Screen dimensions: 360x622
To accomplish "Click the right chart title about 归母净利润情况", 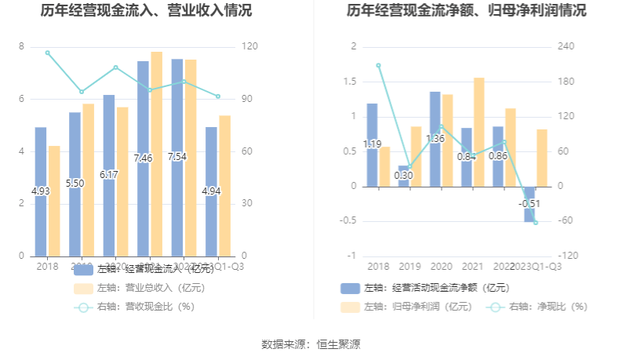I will tap(466, 11).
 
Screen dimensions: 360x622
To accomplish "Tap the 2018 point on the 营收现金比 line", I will tap(48, 53).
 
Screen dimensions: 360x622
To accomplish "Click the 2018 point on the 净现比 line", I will tap(379, 66).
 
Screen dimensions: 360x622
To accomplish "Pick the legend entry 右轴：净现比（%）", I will tap(537, 307).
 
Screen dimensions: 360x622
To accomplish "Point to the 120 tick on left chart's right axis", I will tap(249, 46).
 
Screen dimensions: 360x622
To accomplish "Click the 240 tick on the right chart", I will tap(566, 46).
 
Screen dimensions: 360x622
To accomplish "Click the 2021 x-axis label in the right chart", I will tap(472, 267).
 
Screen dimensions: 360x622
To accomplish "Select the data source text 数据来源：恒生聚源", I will tap(311, 344).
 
